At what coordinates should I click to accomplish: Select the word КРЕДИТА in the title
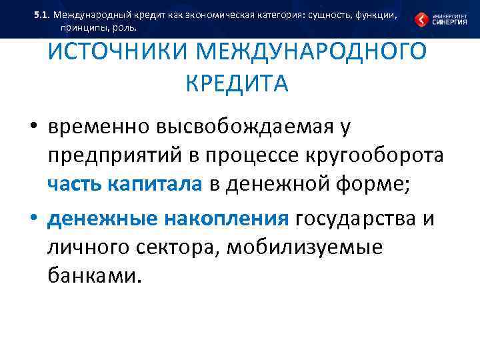click(x=237, y=83)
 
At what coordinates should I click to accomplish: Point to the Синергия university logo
click(x=439, y=19)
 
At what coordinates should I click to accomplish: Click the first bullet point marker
click(x=34, y=127)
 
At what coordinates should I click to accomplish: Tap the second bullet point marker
click(x=34, y=218)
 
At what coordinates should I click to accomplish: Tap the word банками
click(x=95, y=276)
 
